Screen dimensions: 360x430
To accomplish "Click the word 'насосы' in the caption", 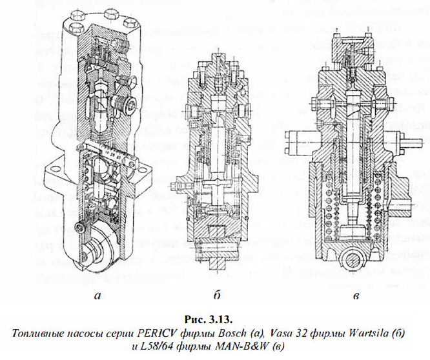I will coord(90,332).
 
